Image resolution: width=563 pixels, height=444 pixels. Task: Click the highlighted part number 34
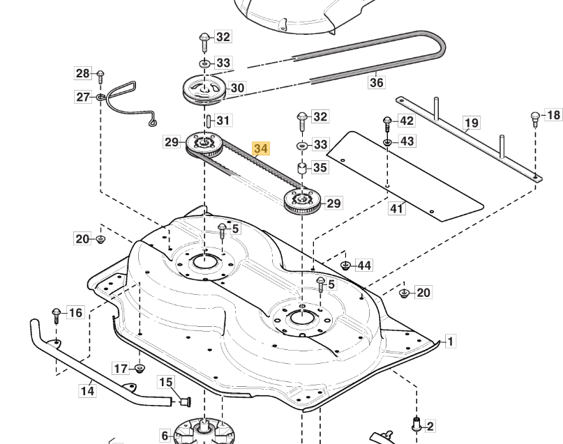[x=261, y=148]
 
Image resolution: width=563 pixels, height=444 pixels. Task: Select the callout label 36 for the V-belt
[x=377, y=82]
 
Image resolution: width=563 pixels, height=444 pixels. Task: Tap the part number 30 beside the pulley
[x=237, y=88]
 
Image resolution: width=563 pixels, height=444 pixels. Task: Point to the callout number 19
[x=472, y=123]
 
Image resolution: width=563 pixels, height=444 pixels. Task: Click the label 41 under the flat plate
[x=396, y=208]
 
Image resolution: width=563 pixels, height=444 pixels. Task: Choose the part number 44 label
[x=363, y=266]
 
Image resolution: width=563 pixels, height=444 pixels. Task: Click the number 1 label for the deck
[x=451, y=342]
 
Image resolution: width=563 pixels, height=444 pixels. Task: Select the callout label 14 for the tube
[x=87, y=392]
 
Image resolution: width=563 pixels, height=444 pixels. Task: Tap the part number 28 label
[x=83, y=73]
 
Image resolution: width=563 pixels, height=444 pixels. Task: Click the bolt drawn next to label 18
[x=536, y=116]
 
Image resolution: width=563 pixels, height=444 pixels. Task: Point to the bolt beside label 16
[x=56, y=314]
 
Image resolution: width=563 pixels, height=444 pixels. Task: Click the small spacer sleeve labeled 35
[x=302, y=168]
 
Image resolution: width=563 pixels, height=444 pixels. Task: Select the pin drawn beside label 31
[x=207, y=121]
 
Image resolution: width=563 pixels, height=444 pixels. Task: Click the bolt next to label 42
[x=387, y=122]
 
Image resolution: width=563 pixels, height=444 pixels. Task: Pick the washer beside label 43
[x=387, y=141]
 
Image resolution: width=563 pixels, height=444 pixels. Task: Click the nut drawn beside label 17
[x=140, y=367]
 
